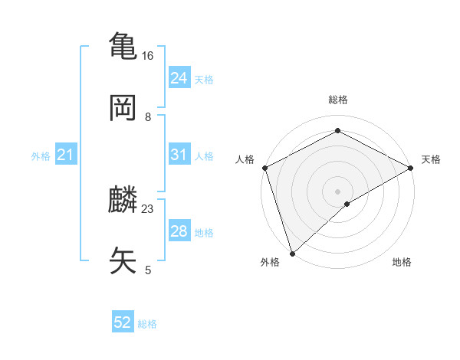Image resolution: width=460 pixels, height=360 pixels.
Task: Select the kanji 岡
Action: click(x=124, y=107)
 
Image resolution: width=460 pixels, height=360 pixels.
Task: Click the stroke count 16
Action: click(x=147, y=56)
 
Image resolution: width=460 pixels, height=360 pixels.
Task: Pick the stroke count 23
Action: click(x=148, y=208)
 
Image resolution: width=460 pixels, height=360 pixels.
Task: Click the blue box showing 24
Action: click(x=179, y=78)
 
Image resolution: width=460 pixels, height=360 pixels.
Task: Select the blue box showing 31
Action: click(x=179, y=155)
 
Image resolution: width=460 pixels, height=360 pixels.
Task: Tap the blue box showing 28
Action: click(x=179, y=231)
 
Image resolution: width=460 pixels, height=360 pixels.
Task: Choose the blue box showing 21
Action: click(x=66, y=155)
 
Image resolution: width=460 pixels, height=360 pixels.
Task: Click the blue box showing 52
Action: click(x=123, y=322)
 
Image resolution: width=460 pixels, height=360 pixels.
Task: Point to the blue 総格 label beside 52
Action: click(x=147, y=324)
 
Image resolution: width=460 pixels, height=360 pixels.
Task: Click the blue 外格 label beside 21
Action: click(x=41, y=156)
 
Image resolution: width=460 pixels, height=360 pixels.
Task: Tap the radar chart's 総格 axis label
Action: click(x=337, y=100)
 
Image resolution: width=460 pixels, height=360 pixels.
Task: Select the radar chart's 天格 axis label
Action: click(x=432, y=159)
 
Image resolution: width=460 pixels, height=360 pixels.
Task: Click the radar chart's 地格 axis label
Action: click(x=402, y=263)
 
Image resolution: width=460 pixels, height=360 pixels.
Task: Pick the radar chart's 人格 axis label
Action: click(x=245, y=159)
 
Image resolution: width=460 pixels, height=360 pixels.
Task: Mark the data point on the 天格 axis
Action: click(x=411, y=168)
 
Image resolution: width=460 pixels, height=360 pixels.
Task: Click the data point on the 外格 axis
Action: click(x=292, y=254)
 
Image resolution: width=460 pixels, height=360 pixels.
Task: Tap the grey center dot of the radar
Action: click(x=337, y=191)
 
